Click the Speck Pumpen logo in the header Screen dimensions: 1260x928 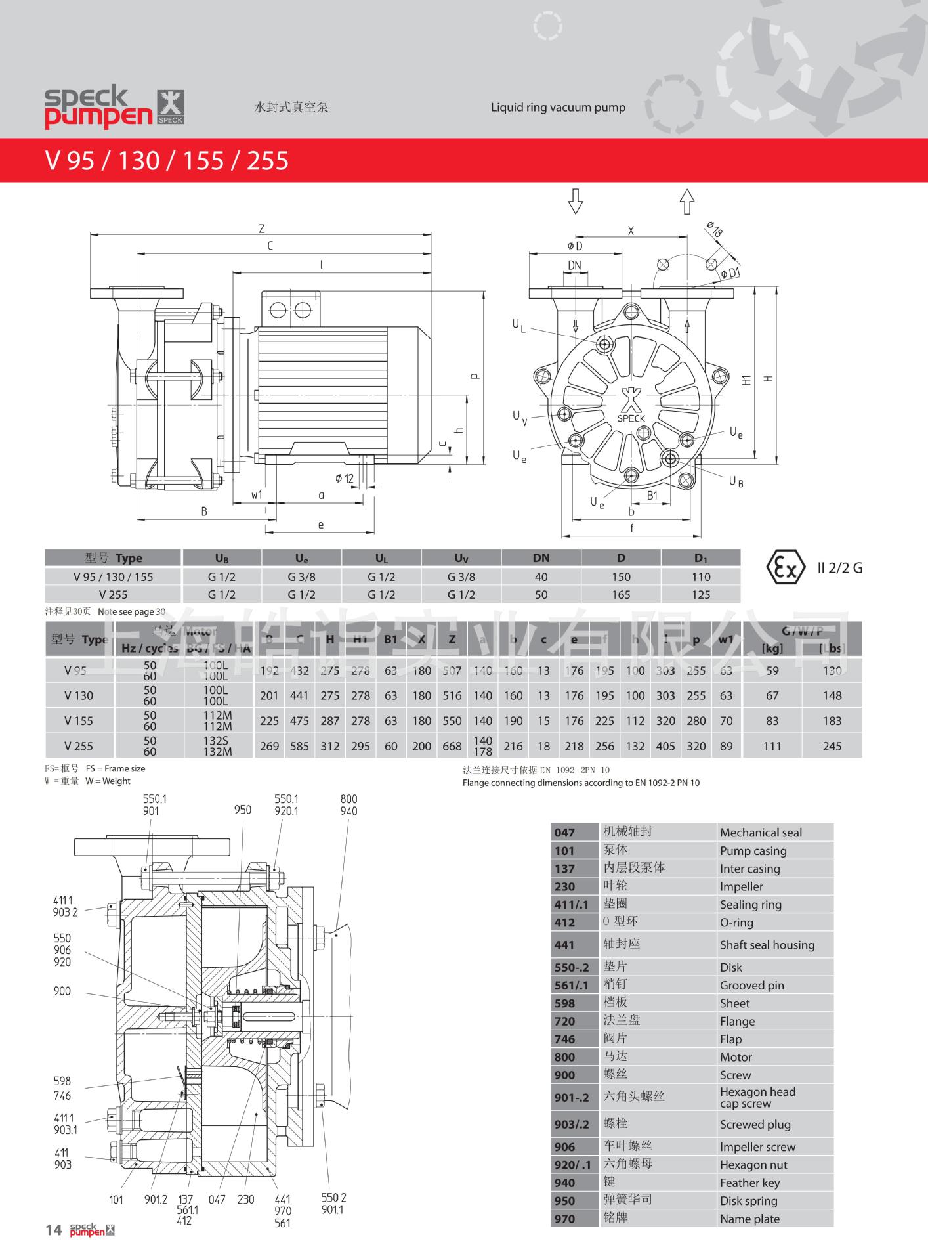[114, 108]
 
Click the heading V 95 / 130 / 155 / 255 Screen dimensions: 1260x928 [167, 160]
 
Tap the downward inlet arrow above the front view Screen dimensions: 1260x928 [575, 202]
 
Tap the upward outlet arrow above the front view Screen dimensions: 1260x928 [686, 202]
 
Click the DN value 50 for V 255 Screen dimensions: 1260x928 [541, 595]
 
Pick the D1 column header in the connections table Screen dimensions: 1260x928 [700, 558]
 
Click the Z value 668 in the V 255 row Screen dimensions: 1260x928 [452, 746]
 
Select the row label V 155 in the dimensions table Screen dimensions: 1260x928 [79, 721]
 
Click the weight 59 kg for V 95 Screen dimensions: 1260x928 [772, 671]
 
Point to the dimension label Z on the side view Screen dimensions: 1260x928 [261, 228]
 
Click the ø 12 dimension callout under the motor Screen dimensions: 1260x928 [344, 479]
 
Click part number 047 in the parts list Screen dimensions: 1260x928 [564, 833]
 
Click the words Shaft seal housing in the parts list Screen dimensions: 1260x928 [767, 945]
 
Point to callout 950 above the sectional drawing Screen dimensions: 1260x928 [243, 810]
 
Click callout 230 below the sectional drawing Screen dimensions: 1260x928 [245, 1200]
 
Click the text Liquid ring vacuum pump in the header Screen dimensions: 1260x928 [558, 108]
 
